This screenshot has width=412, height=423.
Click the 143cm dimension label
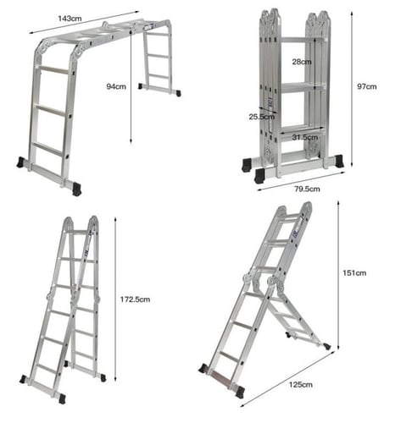point(70,19)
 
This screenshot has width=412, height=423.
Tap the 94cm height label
point(116,86)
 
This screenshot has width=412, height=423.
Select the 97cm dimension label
point(367,86)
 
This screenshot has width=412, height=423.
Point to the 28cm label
point(302,62)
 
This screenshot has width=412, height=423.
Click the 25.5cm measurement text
point(262,117)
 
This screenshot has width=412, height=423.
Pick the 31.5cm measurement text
point(305,137)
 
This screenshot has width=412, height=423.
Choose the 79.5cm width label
point(307,189)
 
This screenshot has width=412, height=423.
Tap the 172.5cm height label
point(135,299)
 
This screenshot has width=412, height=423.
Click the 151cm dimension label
point(354,273)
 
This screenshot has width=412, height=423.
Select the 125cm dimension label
point(301,385)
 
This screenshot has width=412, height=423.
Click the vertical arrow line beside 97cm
point(352,89)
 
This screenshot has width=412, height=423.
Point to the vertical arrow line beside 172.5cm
point(115,299)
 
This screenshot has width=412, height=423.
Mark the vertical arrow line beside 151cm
point(338,275)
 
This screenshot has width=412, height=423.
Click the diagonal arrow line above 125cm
point(287,379)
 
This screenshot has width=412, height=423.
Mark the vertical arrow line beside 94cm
point(131,87)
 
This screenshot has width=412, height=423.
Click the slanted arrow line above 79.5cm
point(301,181)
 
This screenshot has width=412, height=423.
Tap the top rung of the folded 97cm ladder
point(301,40)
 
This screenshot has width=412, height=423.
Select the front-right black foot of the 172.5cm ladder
point(62,398)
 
